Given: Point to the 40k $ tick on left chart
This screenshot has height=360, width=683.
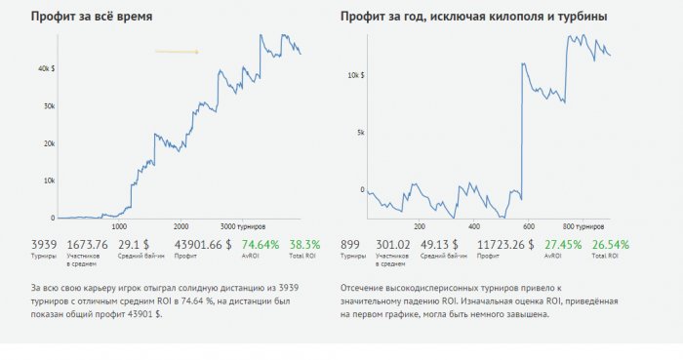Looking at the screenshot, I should click(x=45, y=69).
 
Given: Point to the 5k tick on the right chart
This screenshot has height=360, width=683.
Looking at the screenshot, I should click(x=359, y=132).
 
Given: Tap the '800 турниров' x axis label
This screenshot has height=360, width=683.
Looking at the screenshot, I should click(x=583, y=223).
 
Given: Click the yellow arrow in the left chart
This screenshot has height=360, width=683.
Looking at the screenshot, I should click(x=177, y=52).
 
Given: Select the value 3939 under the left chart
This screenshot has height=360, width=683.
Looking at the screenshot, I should click(x=44, y=244).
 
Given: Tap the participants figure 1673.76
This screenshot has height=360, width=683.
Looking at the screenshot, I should click(x=87, y=244).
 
